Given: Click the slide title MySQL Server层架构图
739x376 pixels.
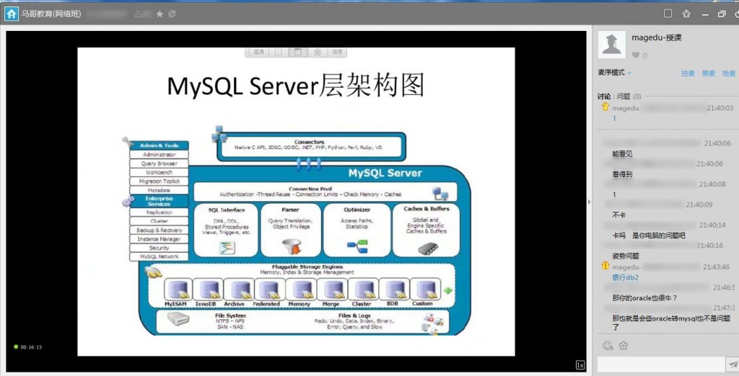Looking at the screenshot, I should click(x=296, y=86).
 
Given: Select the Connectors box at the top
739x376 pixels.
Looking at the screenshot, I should click(x=309, y=145).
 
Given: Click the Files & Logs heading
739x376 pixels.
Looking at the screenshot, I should click(x=354, y=315).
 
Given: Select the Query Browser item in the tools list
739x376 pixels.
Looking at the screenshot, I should click(x=159, y=164).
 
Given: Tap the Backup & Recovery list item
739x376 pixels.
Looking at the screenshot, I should click(x=159, y=230).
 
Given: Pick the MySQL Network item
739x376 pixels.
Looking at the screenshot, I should click(x=159, y=256).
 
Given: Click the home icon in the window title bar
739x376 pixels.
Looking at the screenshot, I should click(x=12, y=14).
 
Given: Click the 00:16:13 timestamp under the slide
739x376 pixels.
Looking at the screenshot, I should click(x=31, y=347).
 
